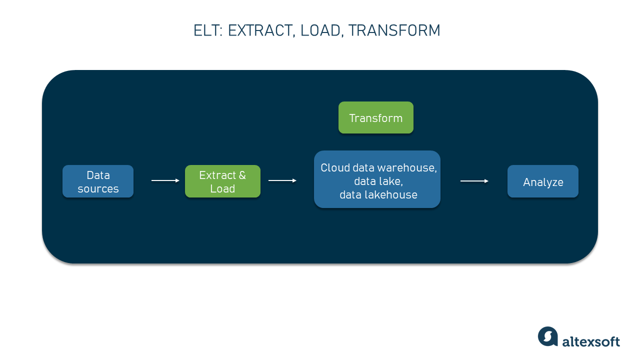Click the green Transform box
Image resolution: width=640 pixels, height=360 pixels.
point(375,118)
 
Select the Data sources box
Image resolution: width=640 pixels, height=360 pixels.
point(98,181)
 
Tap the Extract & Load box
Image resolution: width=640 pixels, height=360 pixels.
point(222,181)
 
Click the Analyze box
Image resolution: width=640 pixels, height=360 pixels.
point(542,182)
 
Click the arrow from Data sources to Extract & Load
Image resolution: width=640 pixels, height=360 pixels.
point(165,180)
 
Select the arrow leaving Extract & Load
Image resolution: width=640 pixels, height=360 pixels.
point(282,180)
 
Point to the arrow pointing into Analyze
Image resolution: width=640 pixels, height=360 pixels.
point(474,181)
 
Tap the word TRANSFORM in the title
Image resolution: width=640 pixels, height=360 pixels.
point(394,31)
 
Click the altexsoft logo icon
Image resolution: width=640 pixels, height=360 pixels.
point(547,336)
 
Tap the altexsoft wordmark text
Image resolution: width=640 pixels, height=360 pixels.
point(591,342)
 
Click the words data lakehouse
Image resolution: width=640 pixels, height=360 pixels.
point(378,195)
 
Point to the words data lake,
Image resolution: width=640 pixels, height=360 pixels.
point(378,181)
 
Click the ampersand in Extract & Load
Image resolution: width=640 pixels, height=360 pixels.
point(242,175)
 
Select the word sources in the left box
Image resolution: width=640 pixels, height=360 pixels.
point(98,189)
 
